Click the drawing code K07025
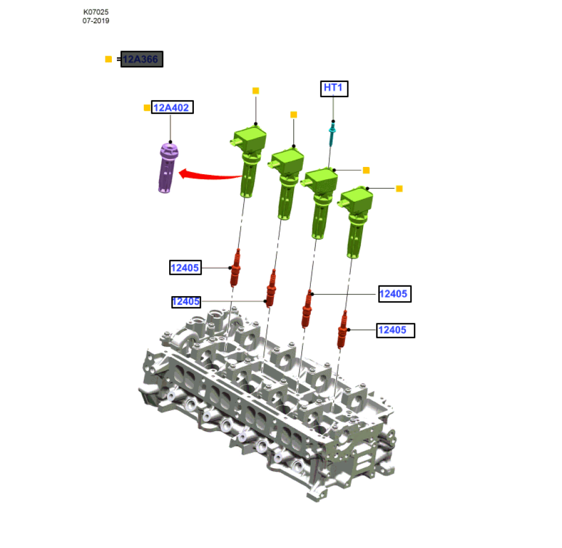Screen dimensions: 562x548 [96, 12]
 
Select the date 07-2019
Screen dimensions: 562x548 [96, 21]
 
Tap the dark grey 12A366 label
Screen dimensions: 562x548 [142, 59]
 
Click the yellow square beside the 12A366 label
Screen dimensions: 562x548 [108, 59]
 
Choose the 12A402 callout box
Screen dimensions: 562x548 [173, 107]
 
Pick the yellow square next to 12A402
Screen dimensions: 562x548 [147, 107]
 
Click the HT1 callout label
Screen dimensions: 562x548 [334, 89]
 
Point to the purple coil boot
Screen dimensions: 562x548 [167, 167]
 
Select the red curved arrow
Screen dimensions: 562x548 [210, 175]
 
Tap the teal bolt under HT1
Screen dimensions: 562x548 [332, 133]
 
